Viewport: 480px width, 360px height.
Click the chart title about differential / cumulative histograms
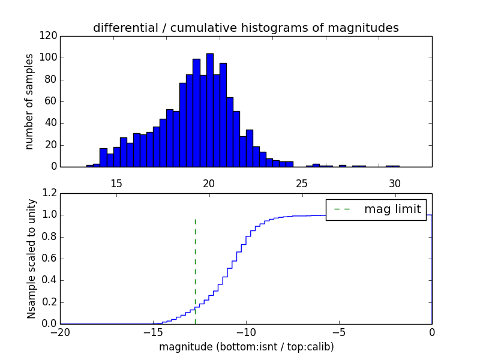(x=245, y=28)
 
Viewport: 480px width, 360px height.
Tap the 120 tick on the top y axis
(x=50, y=36)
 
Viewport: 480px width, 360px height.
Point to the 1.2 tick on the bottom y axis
(x=49, y=193)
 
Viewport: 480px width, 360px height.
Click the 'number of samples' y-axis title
(x=29, y=101)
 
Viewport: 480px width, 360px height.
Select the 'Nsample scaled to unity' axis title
(x=31, y=259)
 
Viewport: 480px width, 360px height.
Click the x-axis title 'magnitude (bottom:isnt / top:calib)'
(x=246, y=347)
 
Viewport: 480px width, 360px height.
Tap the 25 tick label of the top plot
(x=302, y=184)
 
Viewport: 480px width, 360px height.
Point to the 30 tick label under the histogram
(x=394, y=184)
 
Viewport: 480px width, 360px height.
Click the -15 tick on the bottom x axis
(x=152, y=331)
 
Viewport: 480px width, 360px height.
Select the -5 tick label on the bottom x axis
(x=338, y=331)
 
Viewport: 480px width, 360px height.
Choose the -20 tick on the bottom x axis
(x=60, y=331)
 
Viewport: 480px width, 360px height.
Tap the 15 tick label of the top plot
(x=116, y=184)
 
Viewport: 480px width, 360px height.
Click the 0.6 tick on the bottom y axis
(x=49, y=259)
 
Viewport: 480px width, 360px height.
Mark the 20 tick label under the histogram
(x=209, y=184)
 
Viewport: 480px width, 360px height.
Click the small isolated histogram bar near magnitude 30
(x=392, y=166)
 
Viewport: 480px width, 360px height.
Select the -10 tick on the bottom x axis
(x=245, y=331)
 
